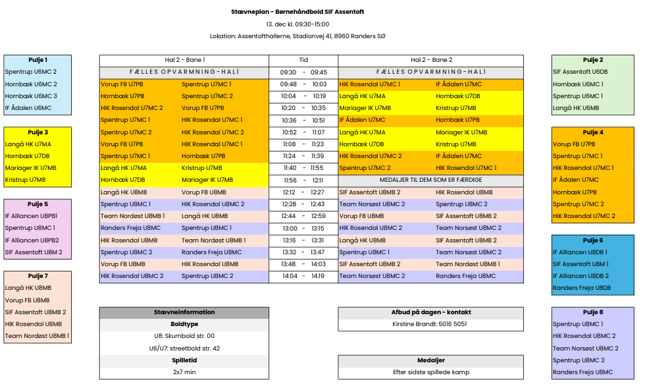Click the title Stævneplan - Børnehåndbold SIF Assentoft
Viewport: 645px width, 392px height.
297,12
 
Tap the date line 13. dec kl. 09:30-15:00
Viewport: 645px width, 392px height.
297,24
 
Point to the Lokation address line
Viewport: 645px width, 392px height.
297,36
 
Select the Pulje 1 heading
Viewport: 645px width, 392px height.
38,60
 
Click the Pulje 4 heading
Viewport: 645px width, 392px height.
592,132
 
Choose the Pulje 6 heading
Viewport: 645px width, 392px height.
592,240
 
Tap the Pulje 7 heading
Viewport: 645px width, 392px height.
38,276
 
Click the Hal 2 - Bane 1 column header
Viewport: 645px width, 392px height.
184,60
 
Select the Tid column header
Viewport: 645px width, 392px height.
303,60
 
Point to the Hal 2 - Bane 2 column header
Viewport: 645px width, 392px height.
431,60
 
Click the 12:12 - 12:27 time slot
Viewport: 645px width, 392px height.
303,192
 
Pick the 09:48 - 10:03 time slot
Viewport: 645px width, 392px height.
303,84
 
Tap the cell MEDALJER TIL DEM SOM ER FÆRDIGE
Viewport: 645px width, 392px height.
431,180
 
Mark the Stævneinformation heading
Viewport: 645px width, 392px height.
184,312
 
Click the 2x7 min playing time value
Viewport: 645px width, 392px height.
184,372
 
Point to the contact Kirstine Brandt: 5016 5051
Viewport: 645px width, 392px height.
431,324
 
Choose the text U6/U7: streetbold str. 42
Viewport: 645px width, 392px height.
184,349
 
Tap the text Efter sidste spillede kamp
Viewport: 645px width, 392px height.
431,372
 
